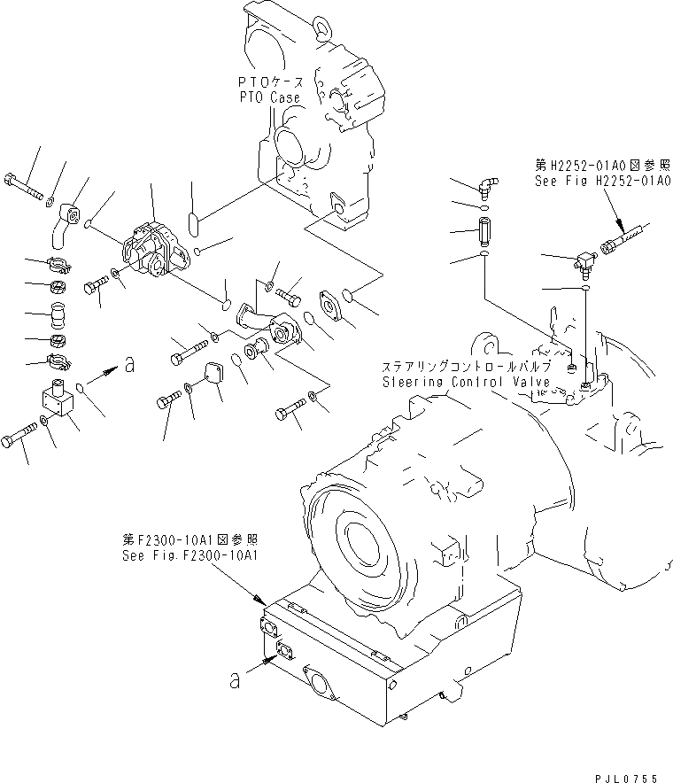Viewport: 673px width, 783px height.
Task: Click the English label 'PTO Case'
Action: tap(269, 97)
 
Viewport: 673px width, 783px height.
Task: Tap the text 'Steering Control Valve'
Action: tap(467, 382)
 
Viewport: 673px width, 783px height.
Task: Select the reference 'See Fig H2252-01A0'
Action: tap(601, 180)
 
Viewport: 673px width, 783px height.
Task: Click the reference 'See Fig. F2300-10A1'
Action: tap(192, 556)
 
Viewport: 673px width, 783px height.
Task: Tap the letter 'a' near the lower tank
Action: tap(235, 680)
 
